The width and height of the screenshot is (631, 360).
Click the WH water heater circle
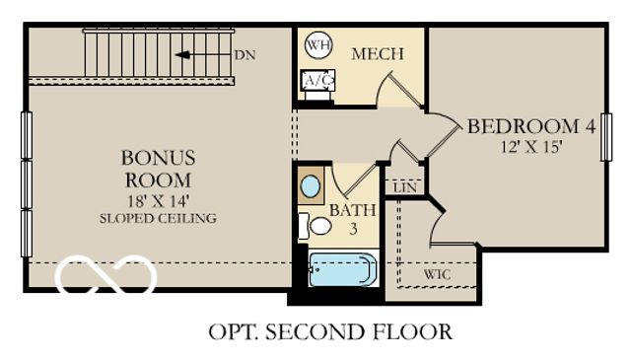(317, 44)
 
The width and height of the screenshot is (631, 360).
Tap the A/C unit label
(316, 80)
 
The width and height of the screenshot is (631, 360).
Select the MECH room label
(377, 54)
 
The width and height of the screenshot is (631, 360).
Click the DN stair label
(245, 55)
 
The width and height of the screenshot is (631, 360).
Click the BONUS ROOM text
(158, 169)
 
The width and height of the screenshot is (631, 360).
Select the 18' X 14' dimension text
(158, 200)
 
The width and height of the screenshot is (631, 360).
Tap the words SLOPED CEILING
(158, 218)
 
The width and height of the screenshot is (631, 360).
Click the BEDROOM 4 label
(531, 127)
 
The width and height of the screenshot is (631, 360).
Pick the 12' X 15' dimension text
(531, 147)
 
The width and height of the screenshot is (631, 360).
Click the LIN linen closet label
(403, 187)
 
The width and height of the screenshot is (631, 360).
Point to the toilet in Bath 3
(317, 226)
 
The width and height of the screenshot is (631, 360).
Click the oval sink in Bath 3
(311, 185)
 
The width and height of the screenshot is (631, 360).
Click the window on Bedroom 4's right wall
(605, 136)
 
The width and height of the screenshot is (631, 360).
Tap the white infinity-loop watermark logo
(105, 276)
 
